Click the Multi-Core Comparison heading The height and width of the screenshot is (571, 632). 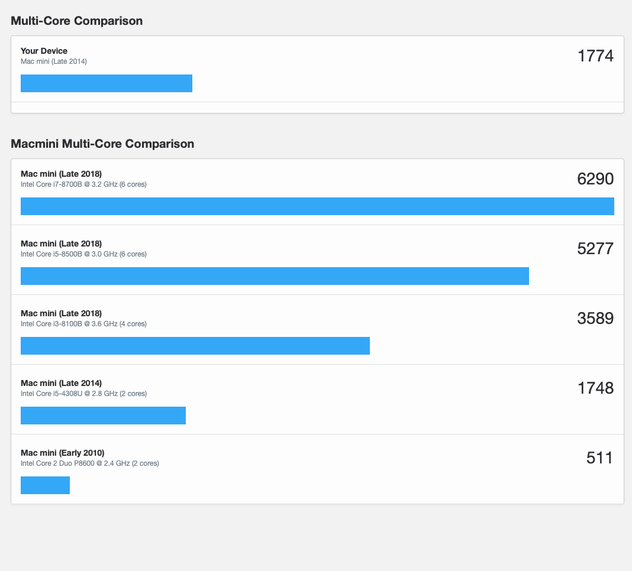coord(76,21)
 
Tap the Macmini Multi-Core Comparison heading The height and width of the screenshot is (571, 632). coord(102,144)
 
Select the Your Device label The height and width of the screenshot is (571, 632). coord(44,51)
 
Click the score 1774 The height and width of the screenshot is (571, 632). coord(595,56)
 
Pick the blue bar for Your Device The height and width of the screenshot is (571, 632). coord(107,83)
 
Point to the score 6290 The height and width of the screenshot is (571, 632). coord(595,179)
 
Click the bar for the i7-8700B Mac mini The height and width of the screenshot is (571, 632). coord(317,206)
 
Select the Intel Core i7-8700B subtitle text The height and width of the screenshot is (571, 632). coord(83,184)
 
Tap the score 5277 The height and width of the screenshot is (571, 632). coord(595,249)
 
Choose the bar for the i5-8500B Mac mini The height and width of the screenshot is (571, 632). coord(275,276)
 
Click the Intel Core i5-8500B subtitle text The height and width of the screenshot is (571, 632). coord(83,254)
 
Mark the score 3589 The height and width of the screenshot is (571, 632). coord(595,319)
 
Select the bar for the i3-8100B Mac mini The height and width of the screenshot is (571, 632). coord(195,346)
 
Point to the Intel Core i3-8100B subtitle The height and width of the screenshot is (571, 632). coord(83,324)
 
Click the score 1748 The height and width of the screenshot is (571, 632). coord(595,388)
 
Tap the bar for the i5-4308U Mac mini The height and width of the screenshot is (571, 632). coord(103,416)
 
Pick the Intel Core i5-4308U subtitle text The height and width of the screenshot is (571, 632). coord(83,394)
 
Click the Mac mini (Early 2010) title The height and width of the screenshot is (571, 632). coord(62,453)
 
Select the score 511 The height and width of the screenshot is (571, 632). coord(599,458)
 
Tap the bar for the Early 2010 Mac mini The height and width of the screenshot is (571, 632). coord(45,485)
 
